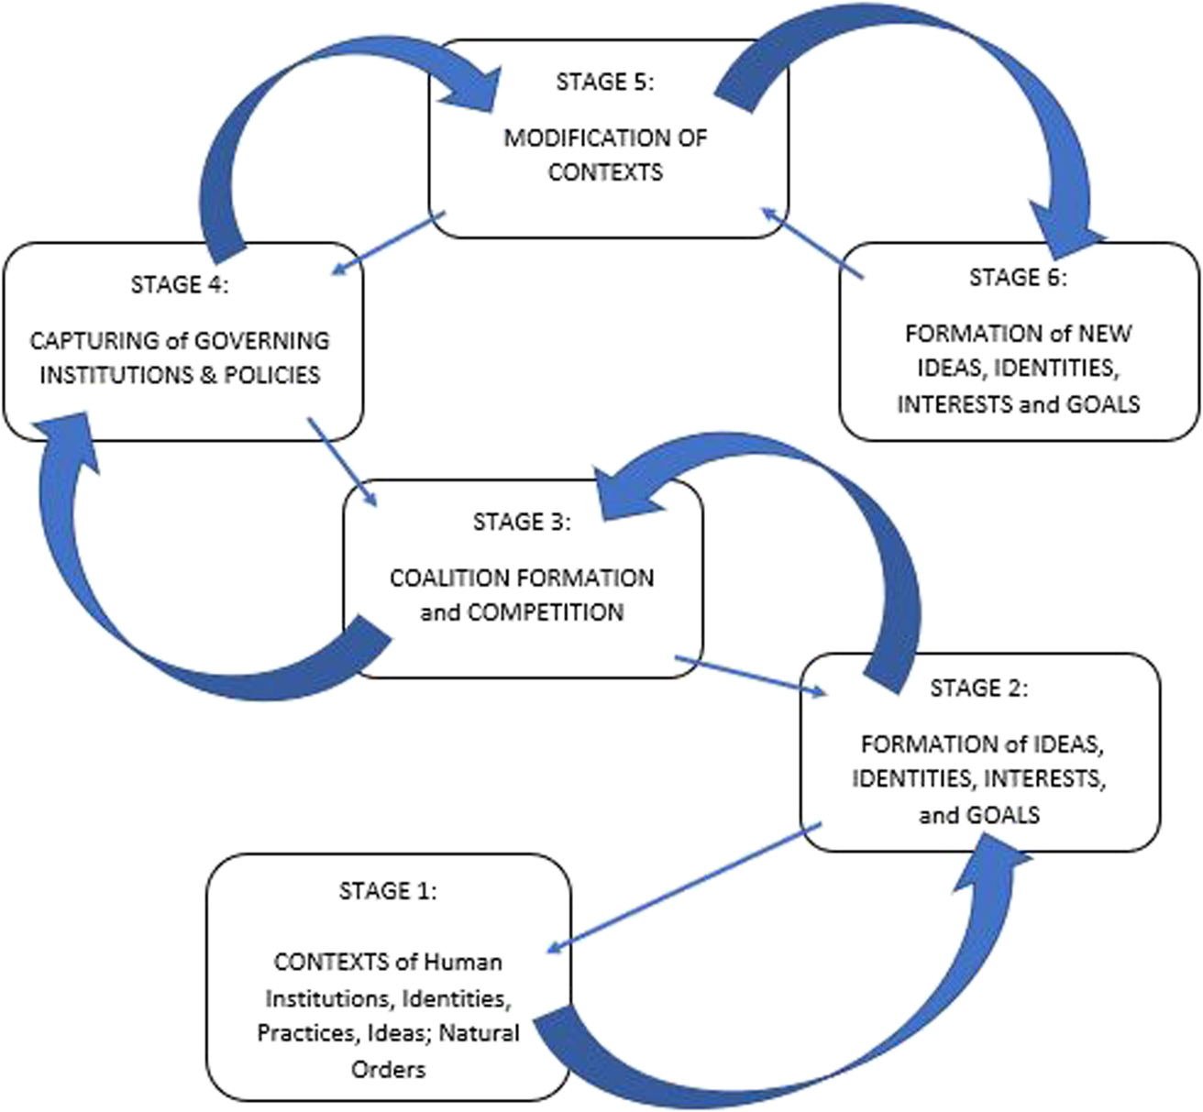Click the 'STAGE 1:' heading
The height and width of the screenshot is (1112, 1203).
click(388, 891)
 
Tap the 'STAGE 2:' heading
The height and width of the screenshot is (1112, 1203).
click(979, 688)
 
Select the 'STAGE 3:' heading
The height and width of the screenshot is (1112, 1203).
click(522, 522)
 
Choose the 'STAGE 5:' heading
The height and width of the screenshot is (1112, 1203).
click(605, 82)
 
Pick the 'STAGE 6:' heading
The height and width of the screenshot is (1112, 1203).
click(1019, 277)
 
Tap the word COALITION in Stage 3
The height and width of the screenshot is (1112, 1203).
click(450, 578)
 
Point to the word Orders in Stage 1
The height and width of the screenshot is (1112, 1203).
click(388, 1069)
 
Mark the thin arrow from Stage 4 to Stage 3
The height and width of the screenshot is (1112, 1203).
click(342, 461)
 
